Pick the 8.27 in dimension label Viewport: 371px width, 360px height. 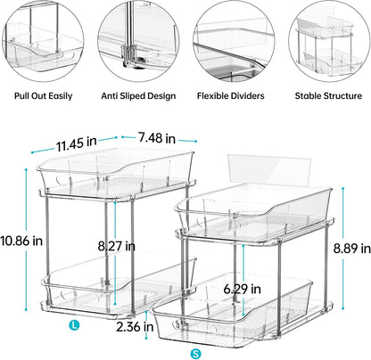coord(117,245)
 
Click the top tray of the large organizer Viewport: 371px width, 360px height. coord(116,170)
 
